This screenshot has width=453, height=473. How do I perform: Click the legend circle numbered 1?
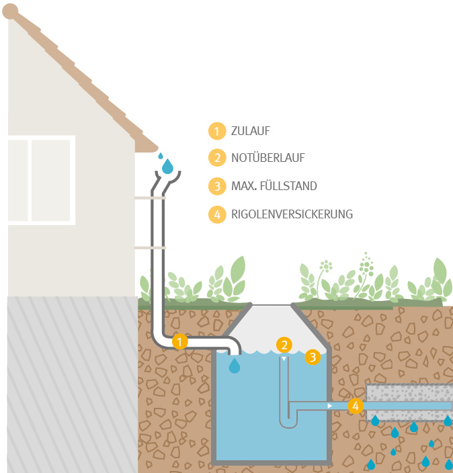[x=216, y=131]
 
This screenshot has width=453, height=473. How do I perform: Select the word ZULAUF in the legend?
[x=251, y=131]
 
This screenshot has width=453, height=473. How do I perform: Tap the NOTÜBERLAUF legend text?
[x=267, y=159]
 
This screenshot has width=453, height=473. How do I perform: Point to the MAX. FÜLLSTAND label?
[x=274, y=186]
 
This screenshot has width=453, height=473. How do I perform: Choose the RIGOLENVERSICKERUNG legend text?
[x=292, y=214]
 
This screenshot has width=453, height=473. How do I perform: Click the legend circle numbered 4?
[x=216, y=214]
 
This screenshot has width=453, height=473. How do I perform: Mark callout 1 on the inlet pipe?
[x=179, y=341]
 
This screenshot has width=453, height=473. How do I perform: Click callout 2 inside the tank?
[x=285, y=345]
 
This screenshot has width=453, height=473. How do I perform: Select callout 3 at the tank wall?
[x=313, y=357]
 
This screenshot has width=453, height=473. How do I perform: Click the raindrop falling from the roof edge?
[x=167, y=165]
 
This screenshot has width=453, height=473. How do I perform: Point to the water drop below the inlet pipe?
[x=234, y=365]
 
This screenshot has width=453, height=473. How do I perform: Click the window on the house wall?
[x=41, y=179]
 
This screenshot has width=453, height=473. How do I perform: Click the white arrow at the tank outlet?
[x=329, y=406]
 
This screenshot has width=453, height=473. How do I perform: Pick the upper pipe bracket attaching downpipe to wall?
[x=149, y=198]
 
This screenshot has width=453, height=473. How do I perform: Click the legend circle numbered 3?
[x=216, y=186]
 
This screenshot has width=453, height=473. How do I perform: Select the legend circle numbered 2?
[x=216, y=159]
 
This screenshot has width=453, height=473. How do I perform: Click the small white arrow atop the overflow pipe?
[x=284, y=359]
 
